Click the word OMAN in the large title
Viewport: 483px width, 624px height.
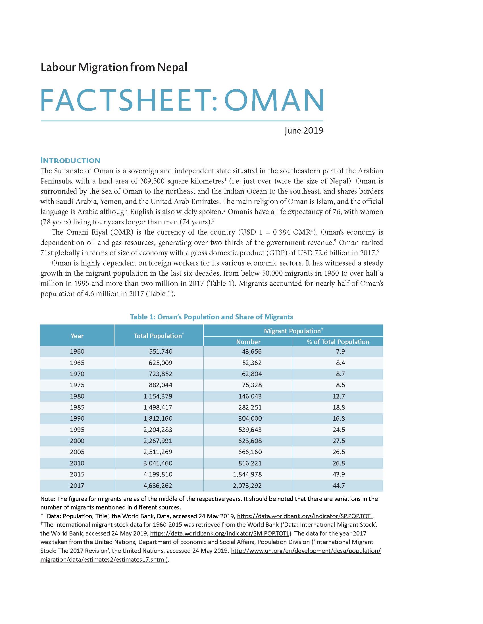(274, 100)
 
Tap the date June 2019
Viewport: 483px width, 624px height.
(304, 130)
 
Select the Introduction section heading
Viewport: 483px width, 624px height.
(70, 160)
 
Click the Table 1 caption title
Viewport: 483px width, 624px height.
(211, 317)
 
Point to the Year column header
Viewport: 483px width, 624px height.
(77, 336)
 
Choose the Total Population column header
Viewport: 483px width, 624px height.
(159, 336)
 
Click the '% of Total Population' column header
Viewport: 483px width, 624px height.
(338, 342)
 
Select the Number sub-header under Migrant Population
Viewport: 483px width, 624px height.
(248, 342)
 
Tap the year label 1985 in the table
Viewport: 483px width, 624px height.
(77, 407)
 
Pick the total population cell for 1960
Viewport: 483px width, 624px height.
(161, 351)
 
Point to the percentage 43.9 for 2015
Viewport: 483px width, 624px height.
(338, 474)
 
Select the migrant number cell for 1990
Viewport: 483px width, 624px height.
(250, 418)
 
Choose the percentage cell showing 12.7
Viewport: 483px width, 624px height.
(338, 396)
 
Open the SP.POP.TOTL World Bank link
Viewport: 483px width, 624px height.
(305, 516)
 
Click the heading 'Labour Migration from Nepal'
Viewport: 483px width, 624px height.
(114, 68)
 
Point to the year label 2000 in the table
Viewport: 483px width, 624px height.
(77, 441)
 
